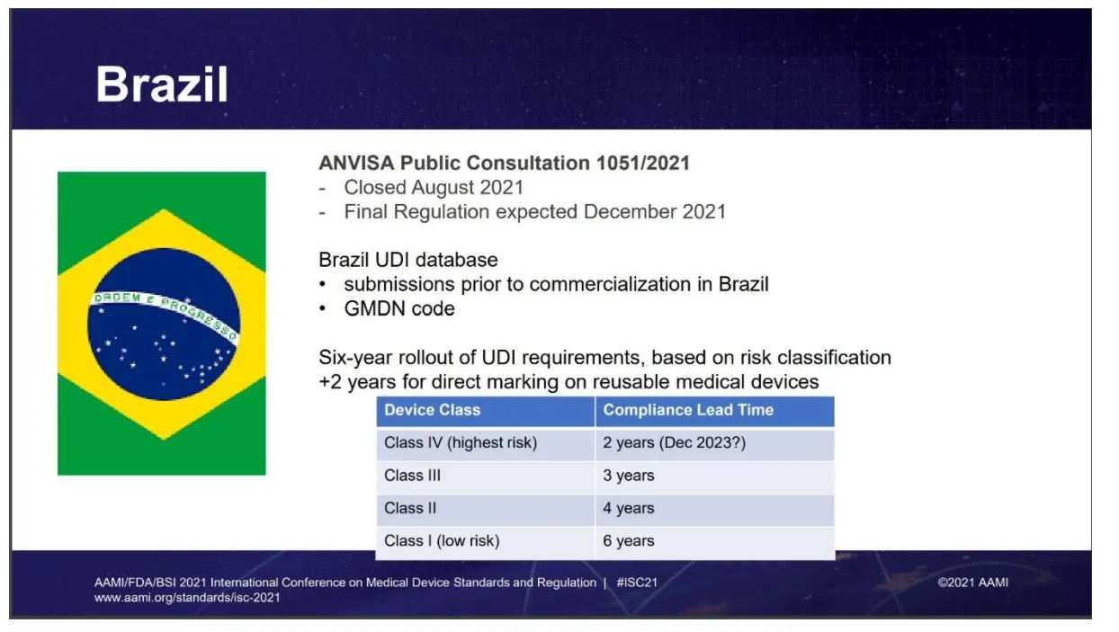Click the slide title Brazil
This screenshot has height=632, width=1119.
(162, 85)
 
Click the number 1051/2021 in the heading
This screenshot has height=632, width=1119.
(641, 163)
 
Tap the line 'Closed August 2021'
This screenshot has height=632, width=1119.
(434, 188)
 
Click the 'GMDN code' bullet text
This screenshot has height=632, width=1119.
(399, 308)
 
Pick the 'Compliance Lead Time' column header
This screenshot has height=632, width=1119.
(688, 410)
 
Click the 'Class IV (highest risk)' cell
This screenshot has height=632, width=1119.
(461, 443)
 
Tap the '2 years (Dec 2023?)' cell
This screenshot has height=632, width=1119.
(675, 443)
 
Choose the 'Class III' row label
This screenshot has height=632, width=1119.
(412, 476)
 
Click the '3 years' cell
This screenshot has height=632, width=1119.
(629, 476)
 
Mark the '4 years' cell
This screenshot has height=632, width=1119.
(629, 508)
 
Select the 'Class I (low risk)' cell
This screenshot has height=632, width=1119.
(442, 541)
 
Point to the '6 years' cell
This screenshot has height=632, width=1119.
(629, 541)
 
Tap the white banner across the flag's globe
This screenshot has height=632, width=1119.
(163, 309)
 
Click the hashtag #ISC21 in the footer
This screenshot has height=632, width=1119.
(637, 583)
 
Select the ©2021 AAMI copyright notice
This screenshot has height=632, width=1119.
(972, 583)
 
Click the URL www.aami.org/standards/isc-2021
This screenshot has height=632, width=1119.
(187, 598)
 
